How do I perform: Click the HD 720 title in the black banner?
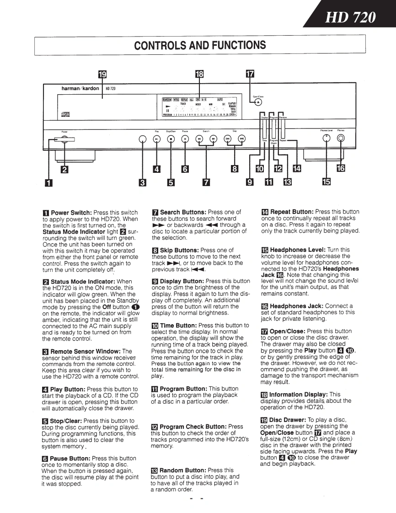[x=350, y=18]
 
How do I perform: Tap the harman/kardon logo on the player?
[x=80, y=88]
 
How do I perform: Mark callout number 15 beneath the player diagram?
[x=326, y=182]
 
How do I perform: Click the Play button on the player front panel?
[x=156, y=139]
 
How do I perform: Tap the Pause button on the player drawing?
[x=185, y=139]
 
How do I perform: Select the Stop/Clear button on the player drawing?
[x=171, y=139]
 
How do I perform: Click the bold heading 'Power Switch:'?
[x=71, y=213]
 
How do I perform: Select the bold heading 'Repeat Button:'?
[x=291, y=212]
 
